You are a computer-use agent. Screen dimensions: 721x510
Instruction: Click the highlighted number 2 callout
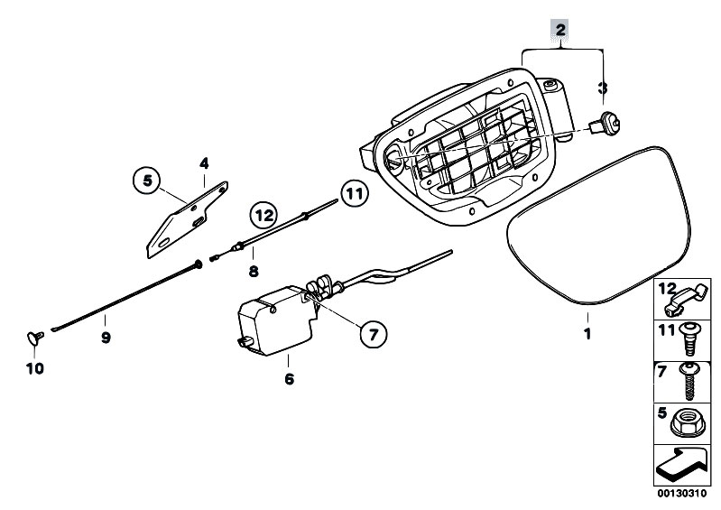tap(560, 31)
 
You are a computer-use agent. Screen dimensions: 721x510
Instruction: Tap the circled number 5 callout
tap(147, 181)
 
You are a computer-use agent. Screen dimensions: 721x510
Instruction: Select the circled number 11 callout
tap(354, 194)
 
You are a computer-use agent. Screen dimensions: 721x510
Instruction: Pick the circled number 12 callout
tap(264, 215)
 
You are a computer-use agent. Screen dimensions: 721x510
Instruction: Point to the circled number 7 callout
tap(373, 334)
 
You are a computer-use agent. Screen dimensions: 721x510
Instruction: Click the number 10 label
tap(35, 368)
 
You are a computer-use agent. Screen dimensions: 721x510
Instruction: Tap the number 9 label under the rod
tap(106, 338)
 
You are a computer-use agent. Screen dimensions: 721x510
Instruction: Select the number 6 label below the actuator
tap(289, 379)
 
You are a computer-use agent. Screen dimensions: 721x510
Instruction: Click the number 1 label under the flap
tap(587, 333)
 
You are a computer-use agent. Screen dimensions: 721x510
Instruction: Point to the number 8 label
tap(254, 272)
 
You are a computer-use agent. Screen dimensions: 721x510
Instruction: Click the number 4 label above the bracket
tap(204, 163)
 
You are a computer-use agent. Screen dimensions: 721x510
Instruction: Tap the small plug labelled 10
tap(35, 338)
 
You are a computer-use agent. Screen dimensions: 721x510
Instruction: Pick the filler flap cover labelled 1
tap(597, 226)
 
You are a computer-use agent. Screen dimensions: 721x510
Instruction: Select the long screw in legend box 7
tap(689, 381)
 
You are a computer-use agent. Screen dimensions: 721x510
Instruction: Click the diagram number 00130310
tap(681, 494)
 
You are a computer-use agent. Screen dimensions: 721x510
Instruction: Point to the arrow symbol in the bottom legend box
tap(679, 466)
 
